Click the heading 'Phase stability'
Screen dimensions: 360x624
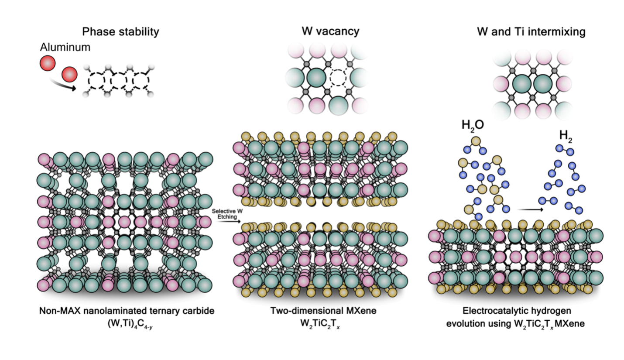[121, 31]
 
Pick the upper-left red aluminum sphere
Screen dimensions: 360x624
[47, 64]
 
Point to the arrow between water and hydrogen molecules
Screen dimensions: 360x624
[530, 210]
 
